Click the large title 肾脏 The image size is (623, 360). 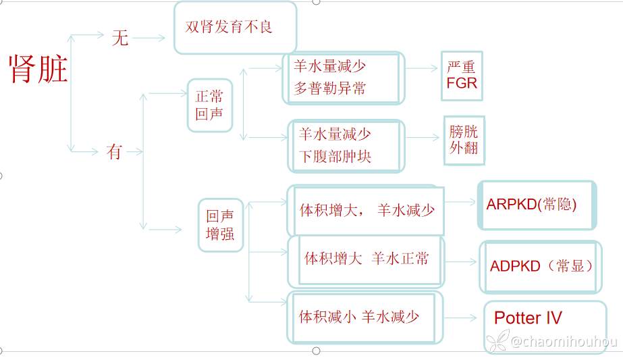tap(38, 68)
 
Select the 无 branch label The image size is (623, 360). tap(119, 38)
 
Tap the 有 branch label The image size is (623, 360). tap(114, 153)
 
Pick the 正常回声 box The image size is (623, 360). tap(209, 105)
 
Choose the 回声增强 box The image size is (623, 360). tap(220, 225)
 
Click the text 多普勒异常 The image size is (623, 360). tap(330, 88)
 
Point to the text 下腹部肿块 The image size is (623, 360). tap(335, 157)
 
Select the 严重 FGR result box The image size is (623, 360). tap(462, 75)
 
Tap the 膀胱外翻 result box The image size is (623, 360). tap(464, 140)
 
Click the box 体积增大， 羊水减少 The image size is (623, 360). tap(367, 210)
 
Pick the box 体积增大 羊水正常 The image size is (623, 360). tap(367, 259)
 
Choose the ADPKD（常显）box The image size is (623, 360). tap(540, 266)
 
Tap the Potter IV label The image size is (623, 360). tap(528, 318)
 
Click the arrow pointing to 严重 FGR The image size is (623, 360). tap(423, 69)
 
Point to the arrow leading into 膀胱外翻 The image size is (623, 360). tap(423, 138)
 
